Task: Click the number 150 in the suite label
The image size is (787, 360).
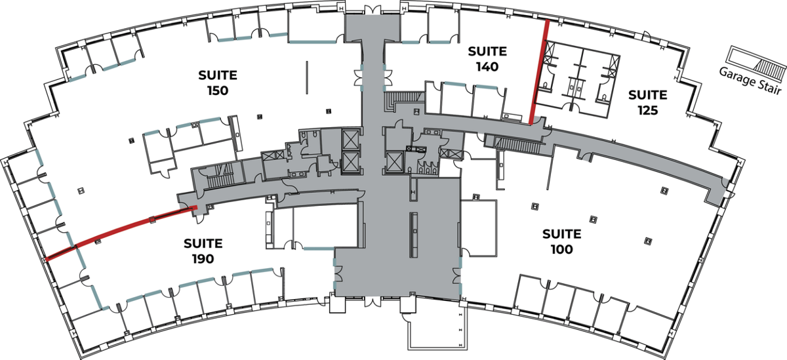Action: [x=218, y=90]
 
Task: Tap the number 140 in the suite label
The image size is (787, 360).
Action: [x=487, y=66]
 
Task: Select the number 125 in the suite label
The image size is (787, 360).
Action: [x=648, y=110]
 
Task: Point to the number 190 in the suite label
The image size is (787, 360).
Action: [x=203, y=259]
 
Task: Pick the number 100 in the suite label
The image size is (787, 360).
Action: [x=562, y=249]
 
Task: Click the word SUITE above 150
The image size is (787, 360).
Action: [x=218, y=75]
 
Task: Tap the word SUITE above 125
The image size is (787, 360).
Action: [x=648, y=95]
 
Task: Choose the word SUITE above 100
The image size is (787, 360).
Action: [x=562, y=234]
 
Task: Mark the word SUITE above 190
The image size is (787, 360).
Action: [x=203, y=243]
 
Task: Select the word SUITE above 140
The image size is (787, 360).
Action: [x=487, y=51]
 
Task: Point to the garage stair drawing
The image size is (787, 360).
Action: [x=757, y=62]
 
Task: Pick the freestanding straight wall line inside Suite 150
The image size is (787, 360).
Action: [x=307, y=77]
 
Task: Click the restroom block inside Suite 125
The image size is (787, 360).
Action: [x=578, y=79]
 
